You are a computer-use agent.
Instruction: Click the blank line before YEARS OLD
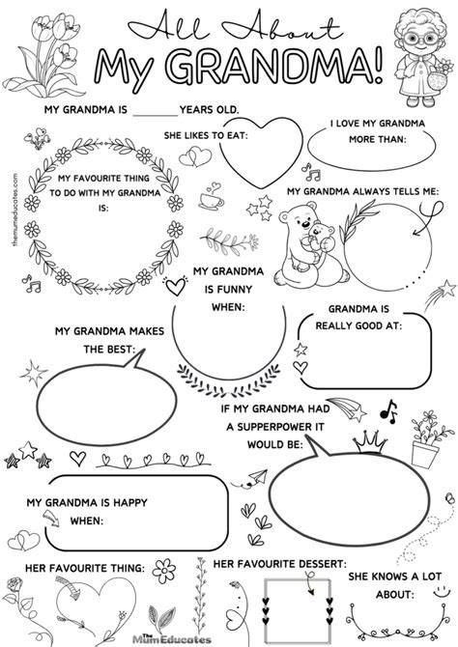[x=155, y=116]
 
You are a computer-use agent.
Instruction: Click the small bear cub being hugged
[x=320, y=241]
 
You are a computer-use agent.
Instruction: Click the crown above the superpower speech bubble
[x=370, y=442]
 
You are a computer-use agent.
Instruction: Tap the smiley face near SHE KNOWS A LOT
[x=442, y=591]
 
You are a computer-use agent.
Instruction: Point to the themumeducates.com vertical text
[x=15, y=210]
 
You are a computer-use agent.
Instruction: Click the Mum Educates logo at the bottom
[x=171, y=638]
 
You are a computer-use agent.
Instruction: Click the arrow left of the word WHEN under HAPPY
[x=51, y=518]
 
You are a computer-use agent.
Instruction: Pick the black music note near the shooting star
[x=389, y=411]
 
